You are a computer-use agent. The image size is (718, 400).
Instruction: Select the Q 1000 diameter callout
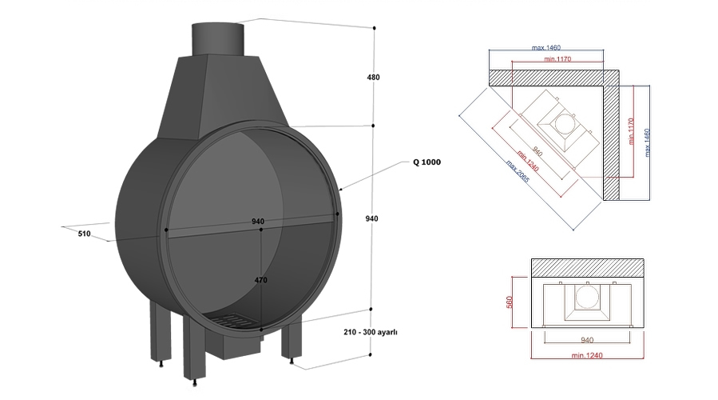click(426, 162)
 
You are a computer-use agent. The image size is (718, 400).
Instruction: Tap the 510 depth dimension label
click(85, 234)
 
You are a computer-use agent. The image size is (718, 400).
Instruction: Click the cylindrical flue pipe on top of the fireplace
click(218, 38)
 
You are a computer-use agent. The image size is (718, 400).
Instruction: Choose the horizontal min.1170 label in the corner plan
click(557, 58)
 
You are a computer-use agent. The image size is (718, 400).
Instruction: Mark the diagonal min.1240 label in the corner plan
click(530, 159)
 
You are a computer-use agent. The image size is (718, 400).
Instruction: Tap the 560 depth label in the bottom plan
click(521, 304)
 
